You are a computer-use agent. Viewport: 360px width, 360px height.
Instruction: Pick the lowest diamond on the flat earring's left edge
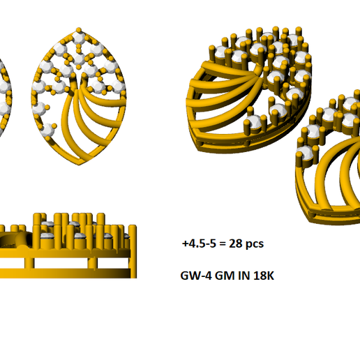pos(50,129)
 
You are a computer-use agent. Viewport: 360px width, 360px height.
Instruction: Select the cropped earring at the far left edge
pos(3,77)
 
